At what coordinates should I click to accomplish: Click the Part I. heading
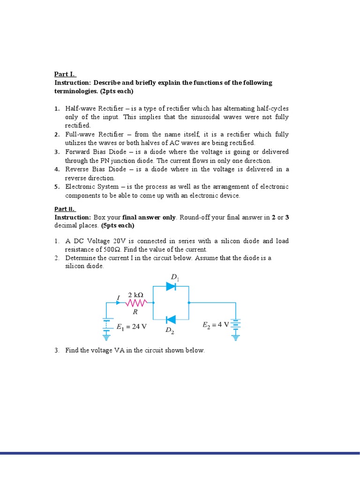[x=65, y=74]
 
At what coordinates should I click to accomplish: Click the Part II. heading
[x=65, y=209]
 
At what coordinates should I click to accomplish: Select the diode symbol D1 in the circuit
[x=171, y=286]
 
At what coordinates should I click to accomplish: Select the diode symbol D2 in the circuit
[x=171, y=320]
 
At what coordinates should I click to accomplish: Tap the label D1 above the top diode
[x=175, y=277]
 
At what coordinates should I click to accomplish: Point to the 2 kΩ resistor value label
[x=135, y=295]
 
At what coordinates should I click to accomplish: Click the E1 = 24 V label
[x=132, y=327]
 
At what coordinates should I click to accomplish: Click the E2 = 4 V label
[x=216, y=324]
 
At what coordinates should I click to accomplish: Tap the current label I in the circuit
[x=119, y=297]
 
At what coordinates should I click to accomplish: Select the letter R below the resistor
[x=135, y=311]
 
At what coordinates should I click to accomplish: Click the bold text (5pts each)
[x=118, y=225]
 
